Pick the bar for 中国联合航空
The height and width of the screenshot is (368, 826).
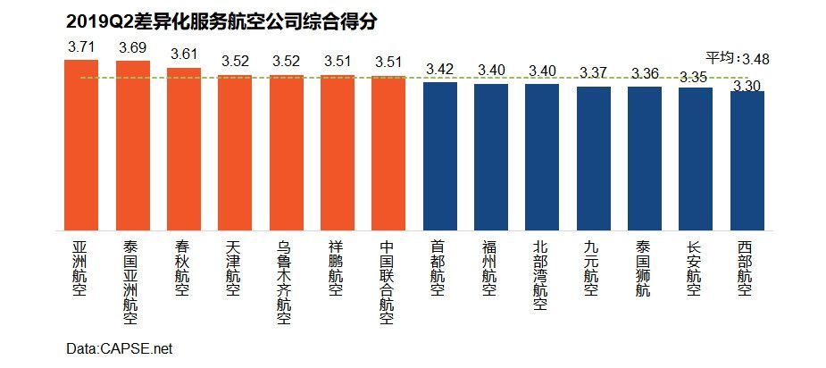click(388, 153)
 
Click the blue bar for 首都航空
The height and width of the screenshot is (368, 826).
click(439, 156)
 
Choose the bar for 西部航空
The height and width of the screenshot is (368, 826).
click(747, 161)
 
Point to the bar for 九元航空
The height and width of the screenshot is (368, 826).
click(593, 158)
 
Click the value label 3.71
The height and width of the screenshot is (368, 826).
click(82, 46)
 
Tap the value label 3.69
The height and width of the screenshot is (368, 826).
click(134, 46)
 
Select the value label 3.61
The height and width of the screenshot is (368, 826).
click(184, 54)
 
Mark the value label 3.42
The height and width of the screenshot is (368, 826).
click(439, 68)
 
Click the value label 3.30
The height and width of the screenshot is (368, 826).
click(747, 85)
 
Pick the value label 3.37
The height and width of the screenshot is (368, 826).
click(594, 71)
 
